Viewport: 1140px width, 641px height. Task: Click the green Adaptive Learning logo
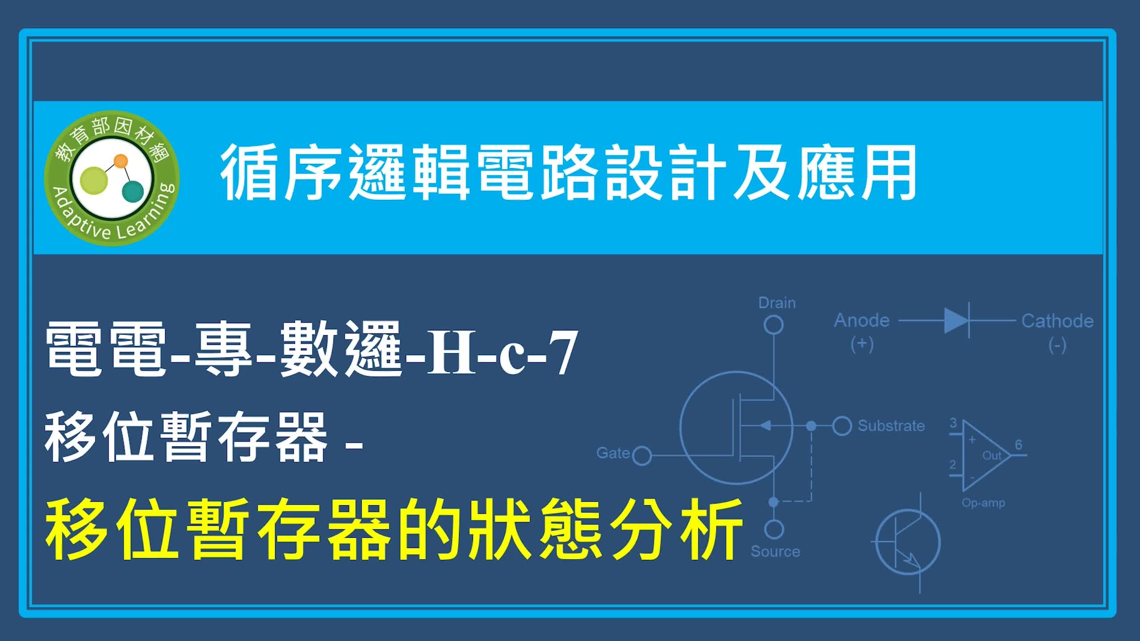(x=112, y=178)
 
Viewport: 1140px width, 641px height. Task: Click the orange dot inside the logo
(x=121, y=161)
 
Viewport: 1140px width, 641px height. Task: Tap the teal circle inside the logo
(x=133, y=191)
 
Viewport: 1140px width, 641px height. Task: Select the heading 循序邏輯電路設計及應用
(x=568, y=173)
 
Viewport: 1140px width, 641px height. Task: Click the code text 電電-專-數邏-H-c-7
(x=312, y=350)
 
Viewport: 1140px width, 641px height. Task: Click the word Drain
(x=777, y=303)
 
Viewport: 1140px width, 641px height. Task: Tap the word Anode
(x=862, y=320)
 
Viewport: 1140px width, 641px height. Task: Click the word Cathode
(x=1058, y=321)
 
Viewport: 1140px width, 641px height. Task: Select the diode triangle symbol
(x=956, y=320)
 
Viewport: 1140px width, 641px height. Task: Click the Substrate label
(x=892, y=426)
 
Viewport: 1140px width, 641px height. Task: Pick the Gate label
(x=613, y=453)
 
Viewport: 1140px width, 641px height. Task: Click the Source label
(x=775, y=552)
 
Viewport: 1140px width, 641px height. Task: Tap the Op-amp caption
(x=983, y=503)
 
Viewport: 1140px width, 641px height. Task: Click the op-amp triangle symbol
(x=986, y=455)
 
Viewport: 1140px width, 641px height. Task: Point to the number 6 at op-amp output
(x=1018, y=445)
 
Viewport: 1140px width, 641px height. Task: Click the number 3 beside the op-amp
(x=953, y=423)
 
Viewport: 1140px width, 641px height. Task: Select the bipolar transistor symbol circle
(x=908, y=542)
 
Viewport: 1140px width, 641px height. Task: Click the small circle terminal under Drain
(x=774, y=325)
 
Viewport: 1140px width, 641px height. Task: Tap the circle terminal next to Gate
(x=642, y=456)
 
